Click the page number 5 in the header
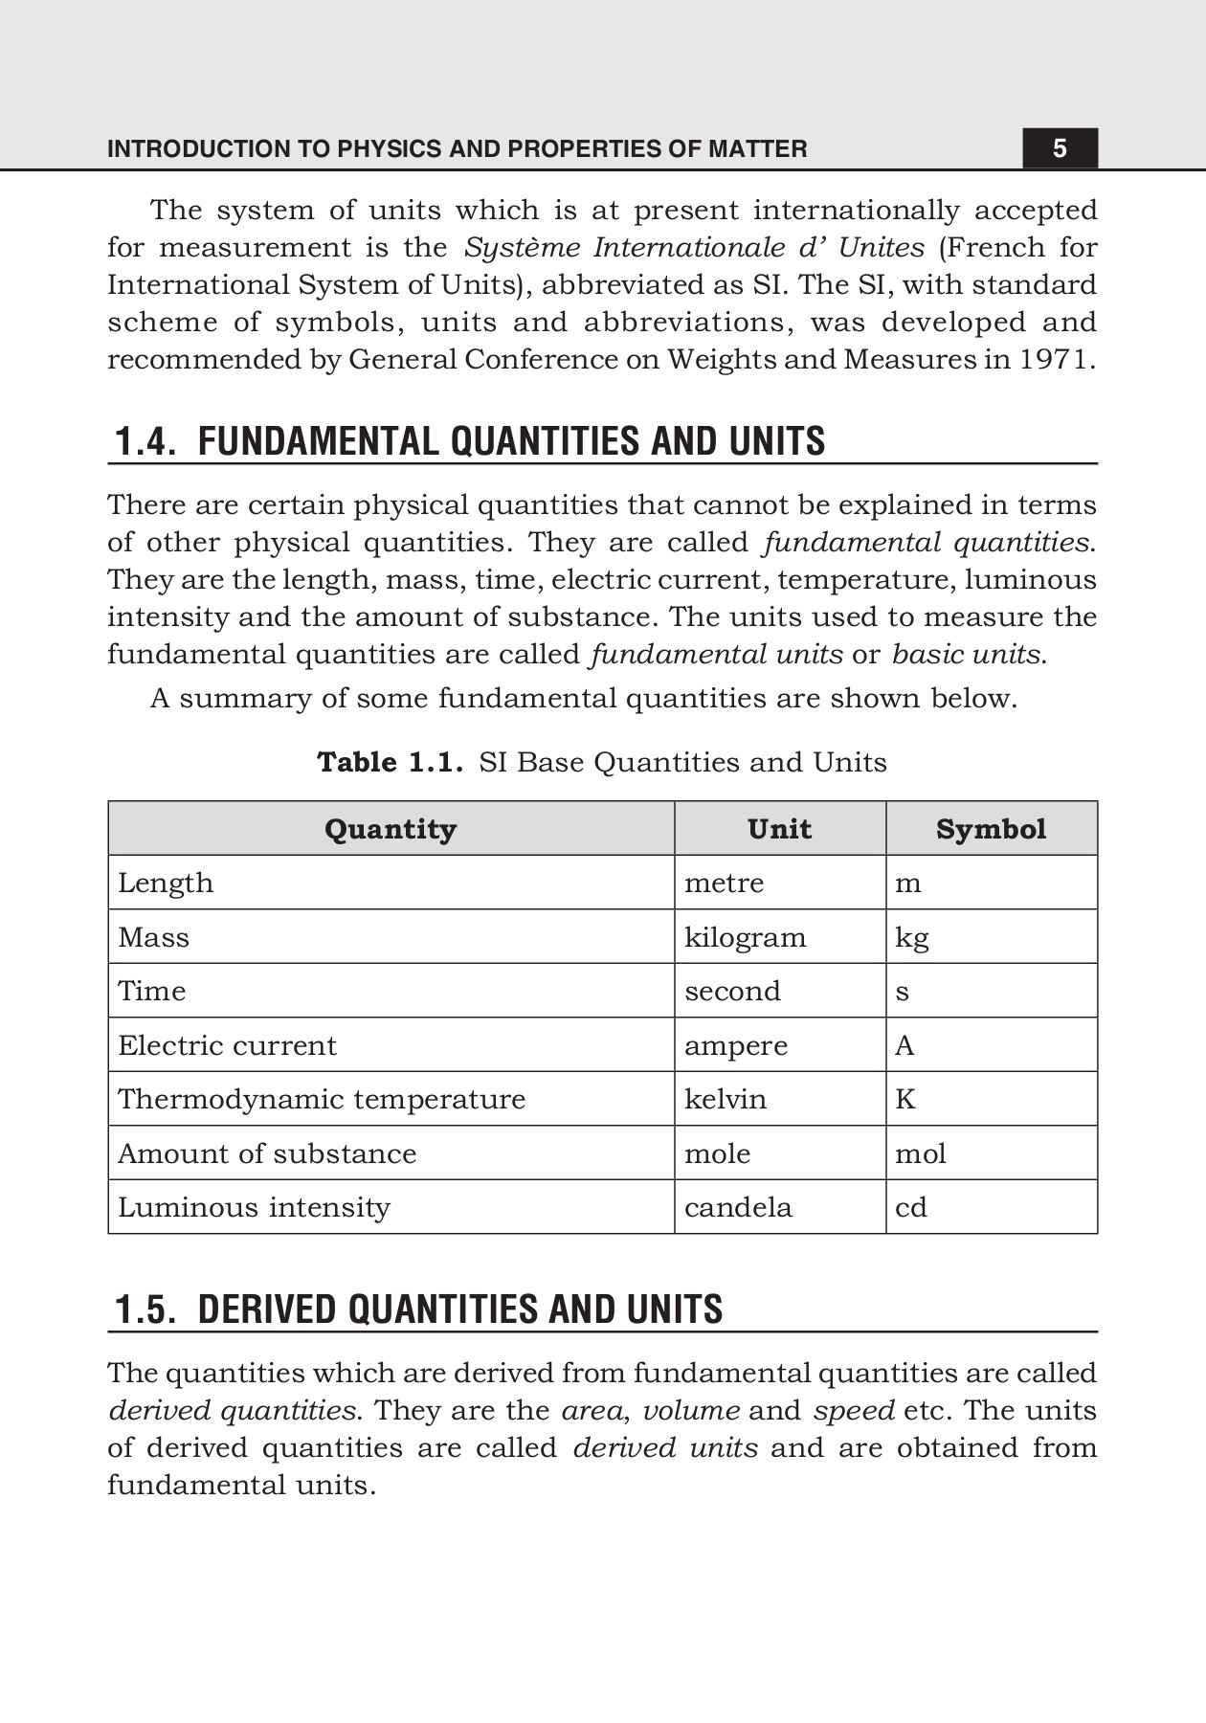point(1059,148)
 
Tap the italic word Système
point(523,248)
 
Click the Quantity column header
point(391,829)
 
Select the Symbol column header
point(991,829)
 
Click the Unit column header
point(779,829)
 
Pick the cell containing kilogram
point(745,937)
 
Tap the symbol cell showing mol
point(920,1153)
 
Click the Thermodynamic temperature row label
point(322,1099)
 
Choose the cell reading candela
point(738,1207)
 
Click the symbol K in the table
point(905,1099)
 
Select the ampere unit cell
point(735,1045)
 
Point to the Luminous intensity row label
point(254,1207)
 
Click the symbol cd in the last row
point(910,1207)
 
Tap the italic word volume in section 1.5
point(690,1411)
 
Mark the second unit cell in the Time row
point(732,991)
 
